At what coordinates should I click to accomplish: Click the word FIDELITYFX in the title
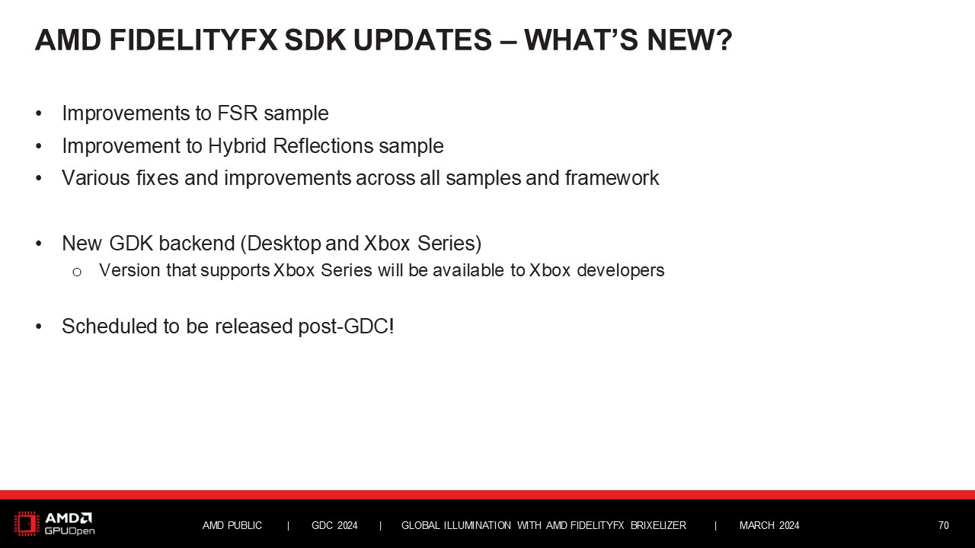(193, 40)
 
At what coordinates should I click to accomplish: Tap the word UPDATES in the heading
(423, 40)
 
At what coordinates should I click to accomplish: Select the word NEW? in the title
(689, 40)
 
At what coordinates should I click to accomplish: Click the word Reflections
(323, 145)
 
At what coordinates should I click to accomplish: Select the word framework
(612, 178)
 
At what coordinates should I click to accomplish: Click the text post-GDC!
(346, 327)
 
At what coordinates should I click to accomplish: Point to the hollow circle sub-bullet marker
(77, 272)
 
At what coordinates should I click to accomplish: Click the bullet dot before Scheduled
(39, 327)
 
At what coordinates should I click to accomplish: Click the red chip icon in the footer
(27, 523)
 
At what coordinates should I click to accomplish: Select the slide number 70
(943, 525)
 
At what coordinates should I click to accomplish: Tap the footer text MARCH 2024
(769, 525)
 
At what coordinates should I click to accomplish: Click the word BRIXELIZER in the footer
(658, 525)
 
